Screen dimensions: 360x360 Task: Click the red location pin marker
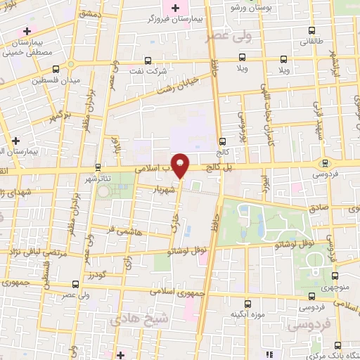(181, 165)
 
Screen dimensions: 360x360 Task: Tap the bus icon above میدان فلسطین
(56, 68)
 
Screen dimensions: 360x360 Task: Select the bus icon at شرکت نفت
(148, 60)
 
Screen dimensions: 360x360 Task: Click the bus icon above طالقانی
(311, 30)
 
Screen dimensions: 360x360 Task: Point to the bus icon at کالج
(222, 141)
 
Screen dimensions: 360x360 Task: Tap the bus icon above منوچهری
(334, 276)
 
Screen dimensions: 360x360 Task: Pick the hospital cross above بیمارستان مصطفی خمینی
(27, 32)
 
